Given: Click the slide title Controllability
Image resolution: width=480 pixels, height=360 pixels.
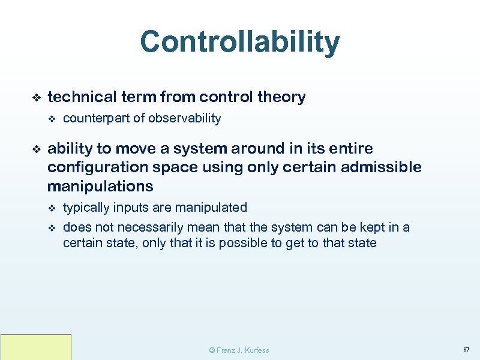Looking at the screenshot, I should click(x=239, y=43).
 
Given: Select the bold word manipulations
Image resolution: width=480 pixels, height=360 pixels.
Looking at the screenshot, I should click(x=100, y=186).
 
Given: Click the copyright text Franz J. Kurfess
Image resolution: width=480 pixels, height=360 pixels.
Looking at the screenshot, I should click(x=238, y=350).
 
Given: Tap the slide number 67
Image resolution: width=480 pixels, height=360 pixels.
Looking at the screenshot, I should click(x=466, y=349).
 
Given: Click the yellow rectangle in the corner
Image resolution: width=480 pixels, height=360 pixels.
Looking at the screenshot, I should click(x=35, y=347).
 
